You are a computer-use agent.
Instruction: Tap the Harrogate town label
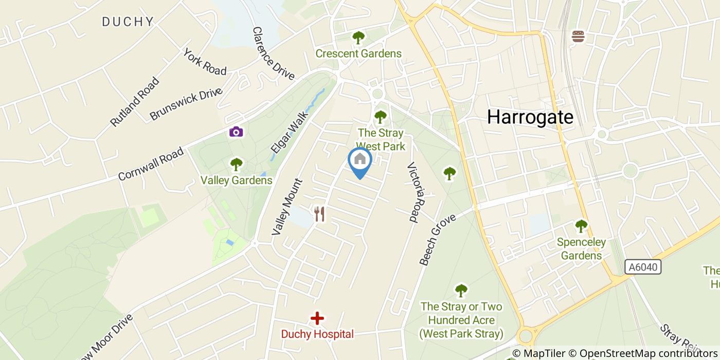(x=530, y=117)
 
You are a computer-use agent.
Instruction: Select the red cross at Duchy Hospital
(x=317, y=318)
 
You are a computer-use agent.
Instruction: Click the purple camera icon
(x=236, y=132)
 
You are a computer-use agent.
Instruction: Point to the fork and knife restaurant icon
(x=319, y=213)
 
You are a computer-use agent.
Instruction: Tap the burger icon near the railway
(x=578, y=37)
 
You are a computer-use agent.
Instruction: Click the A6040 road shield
(x=643, y=267)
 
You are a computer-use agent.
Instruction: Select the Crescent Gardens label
(x=358, y=53)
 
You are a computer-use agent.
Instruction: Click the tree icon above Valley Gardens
(x=236, y=165)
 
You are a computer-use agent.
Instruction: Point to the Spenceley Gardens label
(x=581, y=248)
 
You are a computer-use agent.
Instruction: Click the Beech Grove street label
(x=437, y=240)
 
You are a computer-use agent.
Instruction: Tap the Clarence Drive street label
(x=273, y=53)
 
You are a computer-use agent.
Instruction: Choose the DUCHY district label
(x=128, y=22)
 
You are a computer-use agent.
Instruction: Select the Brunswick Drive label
(x=186, y=104)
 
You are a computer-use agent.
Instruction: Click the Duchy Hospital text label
(x=317, y=334)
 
